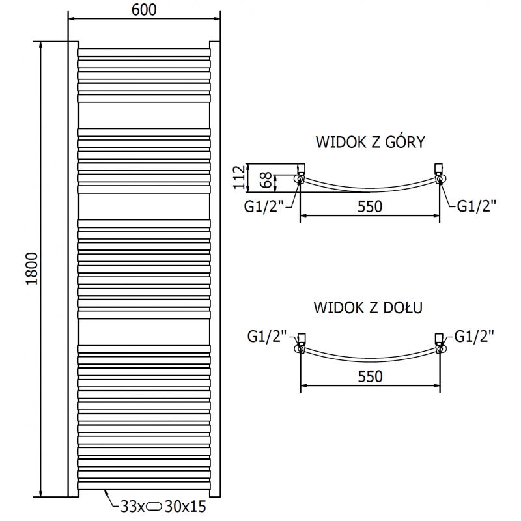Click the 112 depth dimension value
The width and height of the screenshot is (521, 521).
[x=239, y=176]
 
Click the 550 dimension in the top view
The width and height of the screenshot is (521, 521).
[x=369, y=206]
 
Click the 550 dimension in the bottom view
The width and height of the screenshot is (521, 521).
[x=369, y=376]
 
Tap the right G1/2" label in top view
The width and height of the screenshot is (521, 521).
[x=476, y=206]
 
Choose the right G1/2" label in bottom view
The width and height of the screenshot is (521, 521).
[x=473, y=336]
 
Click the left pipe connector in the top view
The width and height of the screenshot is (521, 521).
[x=300, y=177]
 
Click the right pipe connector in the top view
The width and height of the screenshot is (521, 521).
[x=440, y=177]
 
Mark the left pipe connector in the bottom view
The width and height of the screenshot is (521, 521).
[x=300, y=346]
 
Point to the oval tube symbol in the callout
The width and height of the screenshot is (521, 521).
[x=155, y=504]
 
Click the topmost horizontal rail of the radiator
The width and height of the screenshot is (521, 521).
[x=144, y=51]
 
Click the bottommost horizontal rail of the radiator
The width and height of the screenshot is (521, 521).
[x=144, y=483]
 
